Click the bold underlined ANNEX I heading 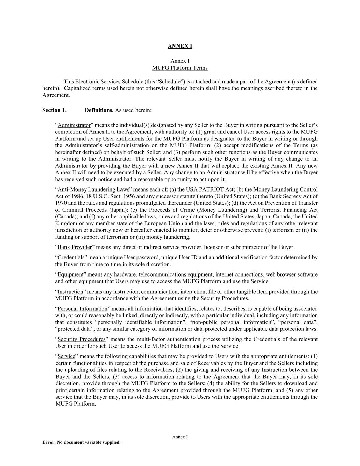[180, 46]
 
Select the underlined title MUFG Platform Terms [180, 68]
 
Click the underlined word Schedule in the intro [170, 82]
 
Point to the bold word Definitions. [99, 110]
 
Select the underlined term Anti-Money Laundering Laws [93, 189]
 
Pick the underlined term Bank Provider [74, 248]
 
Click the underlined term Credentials [71, 258]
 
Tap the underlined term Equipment [70, 275]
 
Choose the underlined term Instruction [70, 292]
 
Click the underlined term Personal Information [82, 309]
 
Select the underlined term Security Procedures [82, 339]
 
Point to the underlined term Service [66, 356]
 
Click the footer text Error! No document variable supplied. [81, 443]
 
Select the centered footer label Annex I [180, 437]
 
